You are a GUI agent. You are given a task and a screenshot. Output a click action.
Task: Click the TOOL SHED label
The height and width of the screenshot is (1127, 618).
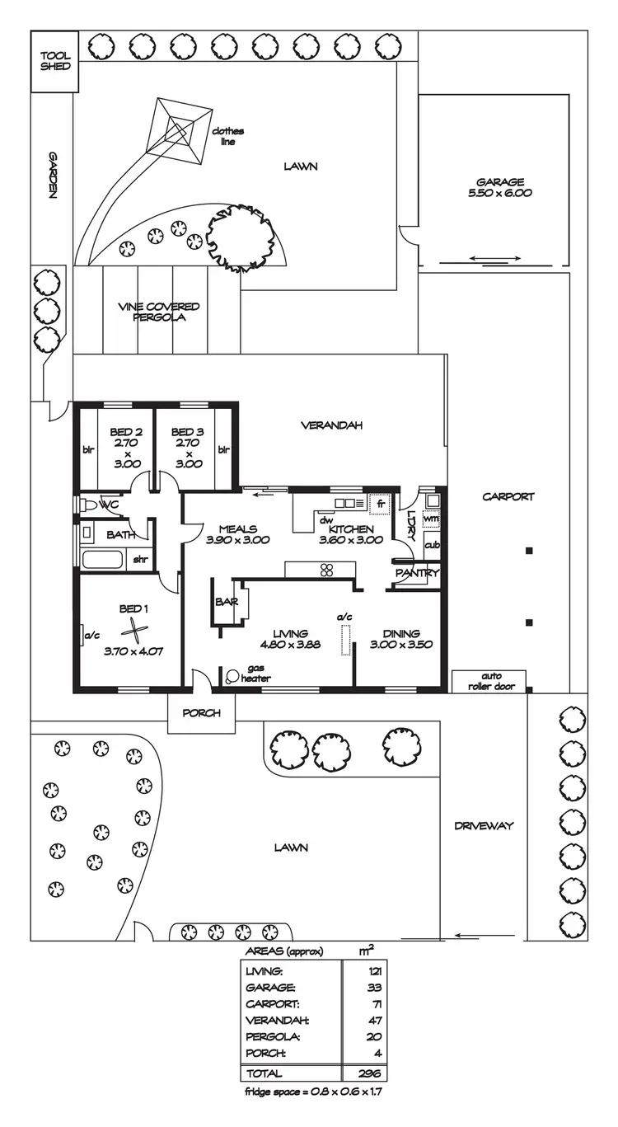click(x=55, y=62)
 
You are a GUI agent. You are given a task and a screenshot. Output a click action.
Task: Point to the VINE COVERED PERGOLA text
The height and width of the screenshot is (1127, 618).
click(x=158, y=312)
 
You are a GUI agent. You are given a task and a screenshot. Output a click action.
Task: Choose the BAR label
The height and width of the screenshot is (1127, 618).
click(x=226, y=603)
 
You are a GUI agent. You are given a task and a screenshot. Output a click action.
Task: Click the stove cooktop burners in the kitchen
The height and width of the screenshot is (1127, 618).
click(x=325, y=570)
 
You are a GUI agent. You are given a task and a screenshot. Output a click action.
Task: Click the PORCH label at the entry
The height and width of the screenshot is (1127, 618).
click(x=201, y=712)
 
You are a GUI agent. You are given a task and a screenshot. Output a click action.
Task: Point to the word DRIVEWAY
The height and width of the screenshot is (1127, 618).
click(x=484, y=825)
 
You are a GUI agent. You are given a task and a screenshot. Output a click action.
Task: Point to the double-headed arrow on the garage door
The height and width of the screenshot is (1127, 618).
click(x=495, y=259)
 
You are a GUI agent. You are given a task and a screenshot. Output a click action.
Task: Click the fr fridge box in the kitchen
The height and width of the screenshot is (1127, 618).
click(x=380, y=502)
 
